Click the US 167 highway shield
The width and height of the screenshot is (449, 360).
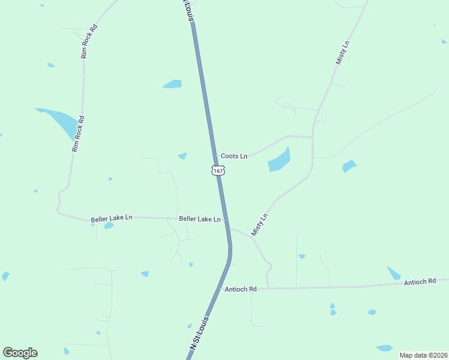pyautogui.click(x=218, y=171)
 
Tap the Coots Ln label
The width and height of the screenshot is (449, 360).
pyautogui.click(x=234, y=156)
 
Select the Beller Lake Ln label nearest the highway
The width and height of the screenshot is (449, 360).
pyautogui.click(x=200, y=219)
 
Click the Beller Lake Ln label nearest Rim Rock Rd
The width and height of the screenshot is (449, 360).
pyautogui.click(x=112, y=218)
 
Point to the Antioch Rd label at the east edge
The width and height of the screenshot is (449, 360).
pyautogui.click(x=420, y=281)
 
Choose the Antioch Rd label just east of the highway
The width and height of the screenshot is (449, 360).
pyautogui.click(x=241, y=289)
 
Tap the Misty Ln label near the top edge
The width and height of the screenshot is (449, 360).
pyautogui.click(x=343, y=53)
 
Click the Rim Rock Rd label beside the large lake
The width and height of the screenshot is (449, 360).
pyautogui.click(x=76, y=134)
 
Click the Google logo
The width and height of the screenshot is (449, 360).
pyautogui.click(x=20, y=353)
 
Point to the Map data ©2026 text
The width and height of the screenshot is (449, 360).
pyautogui.click(x=424, y=355)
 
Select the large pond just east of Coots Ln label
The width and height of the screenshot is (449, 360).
pyautogui.click(x=279, y=160)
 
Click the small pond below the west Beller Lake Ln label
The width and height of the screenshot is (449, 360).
pyautogui.click(x=109, y=226)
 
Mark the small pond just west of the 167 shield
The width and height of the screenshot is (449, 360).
pyautogui.click(x=182, y=157)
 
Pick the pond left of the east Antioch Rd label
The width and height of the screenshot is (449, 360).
pyautogui.click(x=394, y=274)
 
